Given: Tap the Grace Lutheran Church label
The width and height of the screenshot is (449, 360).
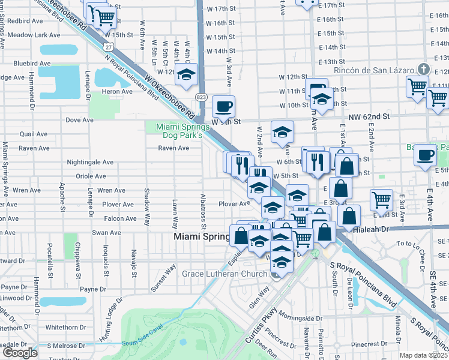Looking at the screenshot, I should [x=225, y=274].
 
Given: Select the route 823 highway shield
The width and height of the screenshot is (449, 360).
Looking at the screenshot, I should [x=201, y=97].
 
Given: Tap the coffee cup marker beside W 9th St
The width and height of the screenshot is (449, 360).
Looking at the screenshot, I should [x=223, y=107].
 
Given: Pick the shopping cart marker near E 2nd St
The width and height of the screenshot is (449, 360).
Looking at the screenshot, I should [x=382, y=200].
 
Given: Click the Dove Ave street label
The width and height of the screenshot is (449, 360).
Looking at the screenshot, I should [x=79, y=120].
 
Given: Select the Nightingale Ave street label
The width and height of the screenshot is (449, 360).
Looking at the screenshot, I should [x=90, y=162].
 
